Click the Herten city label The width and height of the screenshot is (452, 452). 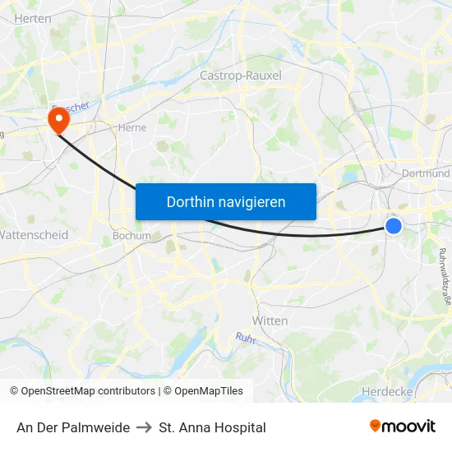pos(33,18)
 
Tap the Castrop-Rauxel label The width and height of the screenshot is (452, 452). pos(241,75)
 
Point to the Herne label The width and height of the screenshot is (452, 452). pos(132,127)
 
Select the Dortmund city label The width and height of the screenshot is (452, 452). pos(427,173)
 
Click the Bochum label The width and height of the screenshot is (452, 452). pos(131,235)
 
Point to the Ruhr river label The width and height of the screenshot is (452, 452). pos(247,338)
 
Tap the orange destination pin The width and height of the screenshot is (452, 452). pos(58,122)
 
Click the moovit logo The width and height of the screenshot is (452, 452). pos(403,427)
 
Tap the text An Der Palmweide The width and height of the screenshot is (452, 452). pos(73,427)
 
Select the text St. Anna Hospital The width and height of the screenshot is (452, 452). pos(213,427)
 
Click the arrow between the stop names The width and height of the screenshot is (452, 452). pos(145,427)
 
